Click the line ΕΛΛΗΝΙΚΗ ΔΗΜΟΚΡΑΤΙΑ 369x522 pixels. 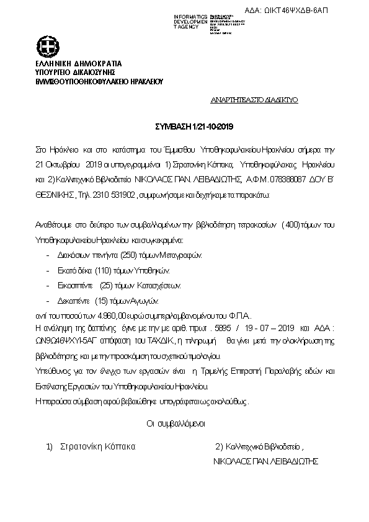tap(79, 64)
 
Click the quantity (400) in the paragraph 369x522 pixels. tap(289, 224)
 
